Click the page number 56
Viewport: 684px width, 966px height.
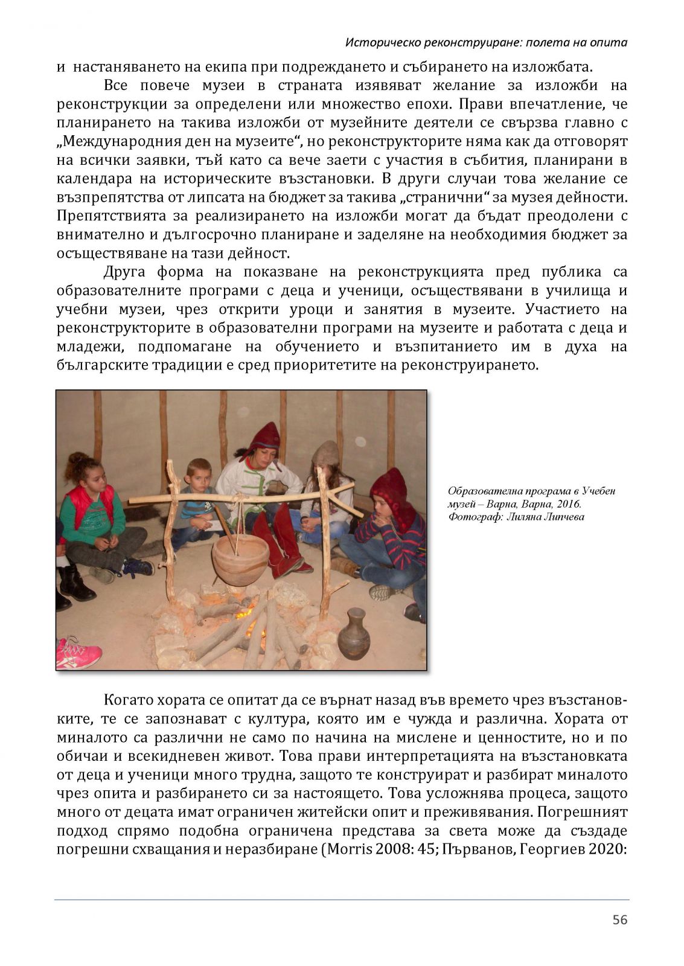click(x=620, y=920)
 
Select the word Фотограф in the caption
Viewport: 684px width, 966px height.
click(x=470, y=517)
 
